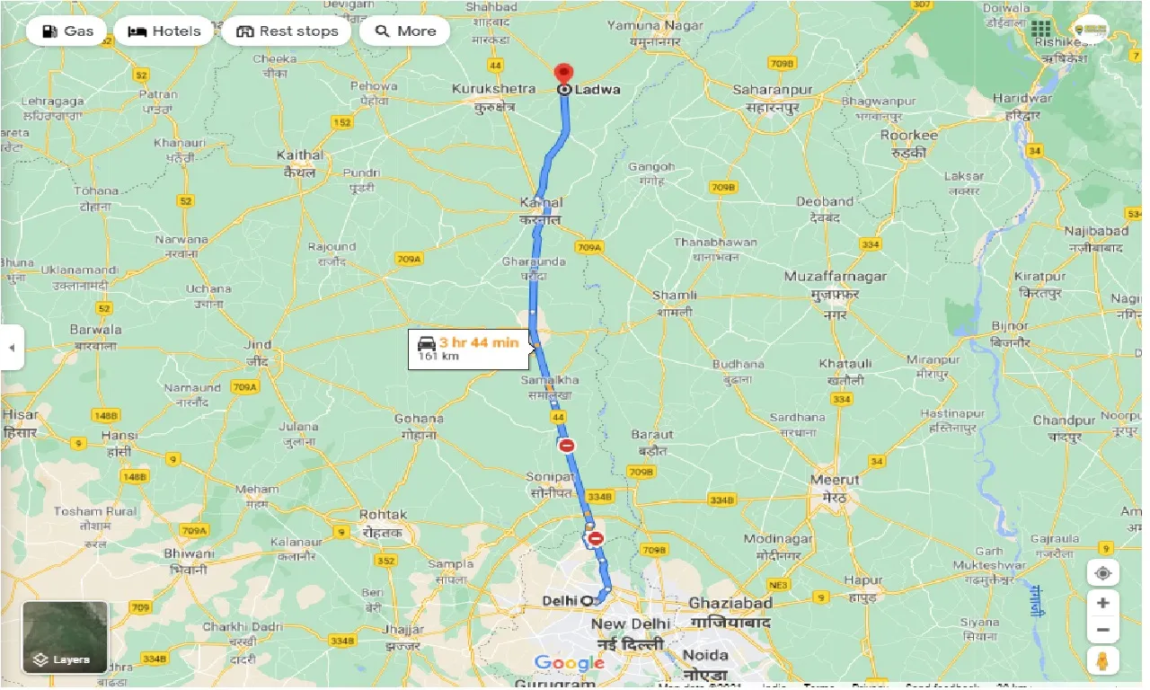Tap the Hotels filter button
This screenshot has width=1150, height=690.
pos(164,31)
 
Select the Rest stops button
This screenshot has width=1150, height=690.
pos(287,31)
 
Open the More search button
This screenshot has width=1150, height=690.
pos(405,31)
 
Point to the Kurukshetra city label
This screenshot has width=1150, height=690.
pos(494,89)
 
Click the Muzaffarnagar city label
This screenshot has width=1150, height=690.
pos(835,277)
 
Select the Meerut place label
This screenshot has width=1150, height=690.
pos(835,480)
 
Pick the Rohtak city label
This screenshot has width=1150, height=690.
pos(384,515)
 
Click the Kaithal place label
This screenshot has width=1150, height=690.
pos(300,155)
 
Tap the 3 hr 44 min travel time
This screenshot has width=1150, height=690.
pos(479,342)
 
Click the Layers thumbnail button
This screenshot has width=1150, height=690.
pos(65,638)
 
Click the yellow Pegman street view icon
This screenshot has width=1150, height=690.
pos(1102,660)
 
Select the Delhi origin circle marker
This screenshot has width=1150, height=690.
pos(588,600)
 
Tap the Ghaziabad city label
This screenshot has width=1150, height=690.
pos(730,604)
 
